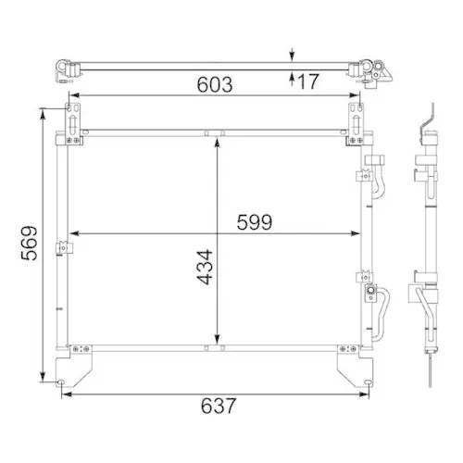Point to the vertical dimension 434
coord(204,267)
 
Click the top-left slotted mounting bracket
coord(71,120)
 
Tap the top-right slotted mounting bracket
coord(355,120)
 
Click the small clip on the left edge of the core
coord(63,248)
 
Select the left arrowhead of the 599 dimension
coord(76,231)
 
